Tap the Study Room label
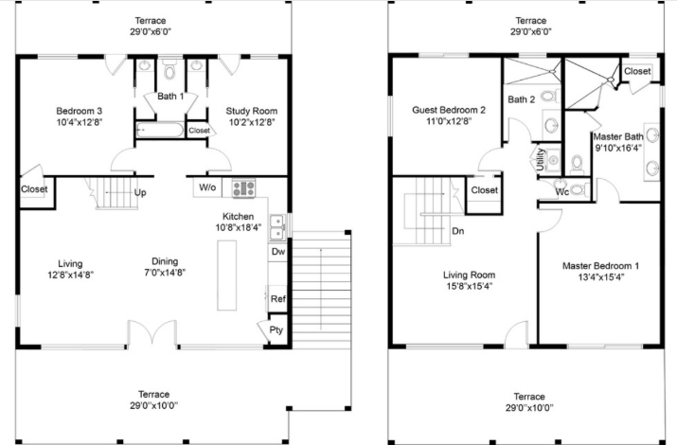click(x=250, y=111)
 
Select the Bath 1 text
click(x=169, y=97)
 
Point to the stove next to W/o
click(x=243, y=187)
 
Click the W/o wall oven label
click(x=207, y=187)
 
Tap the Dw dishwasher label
click(x=277, y=252)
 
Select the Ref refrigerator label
click(x=277, y=299)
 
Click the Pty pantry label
click(x=276, y=330)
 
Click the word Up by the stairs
click(x=140, y=193)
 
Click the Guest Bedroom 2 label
click(x=449, y=111)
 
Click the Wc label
click(x=561, y=191)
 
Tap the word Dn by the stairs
click(x=457, y=230)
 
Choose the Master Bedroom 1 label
click(x=600, y=266)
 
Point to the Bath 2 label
click(x=522, y=99)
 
